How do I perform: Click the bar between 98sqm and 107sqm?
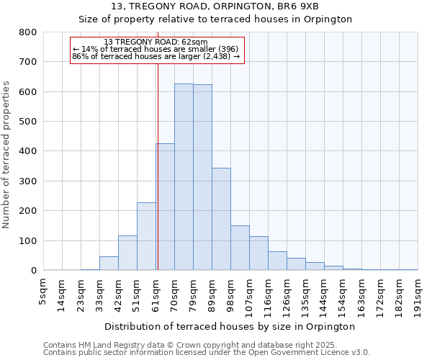[240, 248]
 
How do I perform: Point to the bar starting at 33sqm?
[109, 264]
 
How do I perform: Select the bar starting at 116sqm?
[277, 261]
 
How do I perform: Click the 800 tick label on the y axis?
[27, 32]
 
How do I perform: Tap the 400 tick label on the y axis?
[27, 151]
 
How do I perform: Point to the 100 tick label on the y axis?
[27, 240]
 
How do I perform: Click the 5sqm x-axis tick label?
[43, 291]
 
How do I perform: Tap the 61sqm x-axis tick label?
[156, 292]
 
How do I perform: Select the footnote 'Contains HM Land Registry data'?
[206, 345]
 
